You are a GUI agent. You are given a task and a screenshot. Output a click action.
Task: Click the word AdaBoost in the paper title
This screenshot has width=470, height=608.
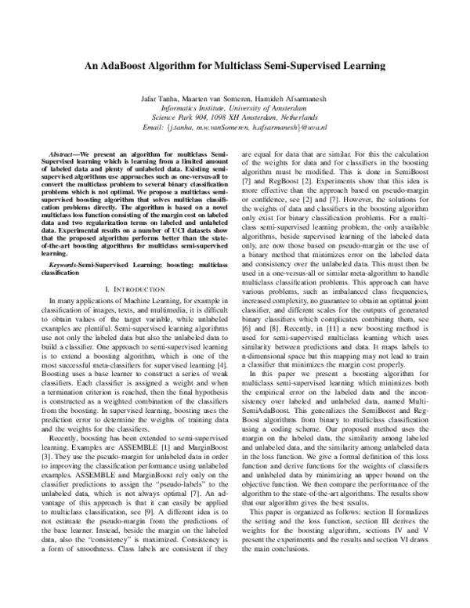coord(136,67)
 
